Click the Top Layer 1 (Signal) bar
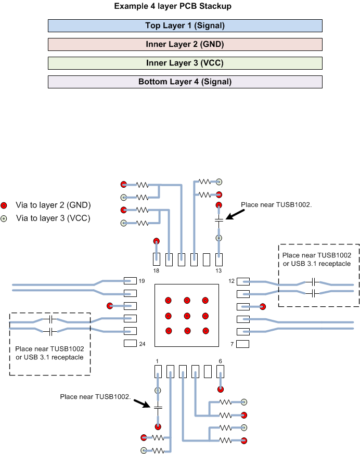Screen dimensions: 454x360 pyautogui.click(x=185, y=25)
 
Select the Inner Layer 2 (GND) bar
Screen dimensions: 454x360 pyautogui.click(x=185, y=44)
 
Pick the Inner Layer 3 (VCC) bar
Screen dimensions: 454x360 pyautogui.click(x=185, y=63)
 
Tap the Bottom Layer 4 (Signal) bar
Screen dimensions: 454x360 pyautogui.click(x=185, y=82)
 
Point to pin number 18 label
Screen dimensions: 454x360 pyautogui.click(x=156, y=271)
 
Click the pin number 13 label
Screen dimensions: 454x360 pyautogui.click(x=218, y=271)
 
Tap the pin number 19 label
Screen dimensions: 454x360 pyautogui.click(x=142, y=281)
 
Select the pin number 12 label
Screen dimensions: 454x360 pyautogui.click(x=232, y=281)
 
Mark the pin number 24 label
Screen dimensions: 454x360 pyautogui.click(x=142, y=344)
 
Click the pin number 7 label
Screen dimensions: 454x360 pyautogui.click(x=232, y=344)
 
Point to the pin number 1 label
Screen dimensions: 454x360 pyautogui.click(x=156, y=360)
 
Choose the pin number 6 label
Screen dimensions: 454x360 pyautogui.click(x=220, y=360)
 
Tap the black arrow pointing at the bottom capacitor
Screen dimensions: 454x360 pyautogui.click(x=141, y=403)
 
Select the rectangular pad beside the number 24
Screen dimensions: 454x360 pyautogui.click(x=130, y=343)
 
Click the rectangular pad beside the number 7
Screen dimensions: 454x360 pyautogui.click(x=243, y=344)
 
